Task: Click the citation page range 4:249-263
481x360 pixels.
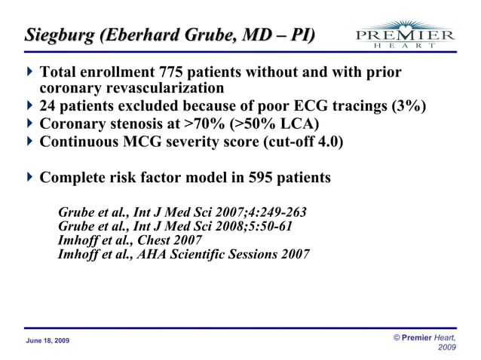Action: point(271,212)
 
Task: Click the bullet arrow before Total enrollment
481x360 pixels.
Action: point(29,73)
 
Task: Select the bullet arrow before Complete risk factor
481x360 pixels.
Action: point(29,178)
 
